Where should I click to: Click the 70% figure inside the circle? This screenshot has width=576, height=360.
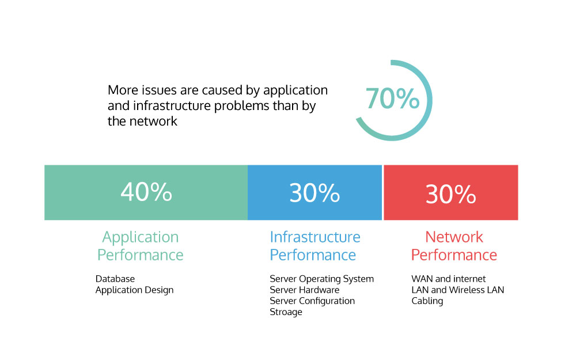392,98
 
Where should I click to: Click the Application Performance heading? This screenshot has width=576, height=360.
141,246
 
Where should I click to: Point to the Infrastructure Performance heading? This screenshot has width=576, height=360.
314,246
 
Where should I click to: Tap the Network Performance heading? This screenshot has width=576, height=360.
454,246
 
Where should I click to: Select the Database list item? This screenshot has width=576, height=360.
115,279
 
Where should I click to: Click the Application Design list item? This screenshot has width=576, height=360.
134,290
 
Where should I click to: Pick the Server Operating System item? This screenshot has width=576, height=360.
321,279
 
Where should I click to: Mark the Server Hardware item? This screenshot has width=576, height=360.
304,290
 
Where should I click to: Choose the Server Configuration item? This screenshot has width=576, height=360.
312,301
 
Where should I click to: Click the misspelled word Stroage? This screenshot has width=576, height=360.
286,312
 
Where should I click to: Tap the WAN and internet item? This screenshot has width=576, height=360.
448,279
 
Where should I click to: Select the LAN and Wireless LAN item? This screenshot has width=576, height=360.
457,290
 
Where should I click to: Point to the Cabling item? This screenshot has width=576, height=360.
427,301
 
